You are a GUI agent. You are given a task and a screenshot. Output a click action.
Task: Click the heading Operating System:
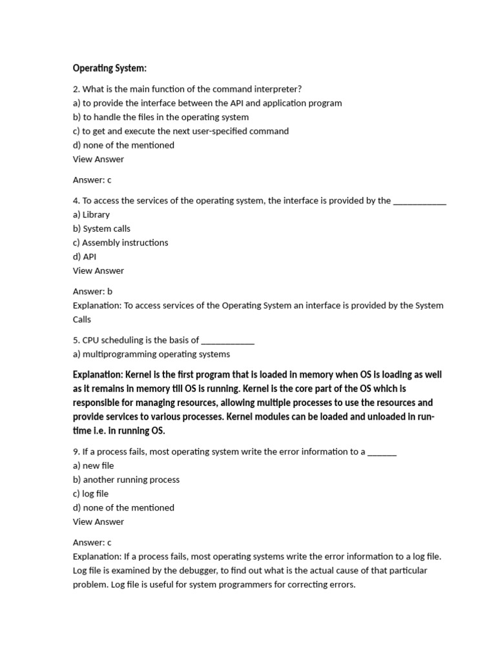click(110, 68)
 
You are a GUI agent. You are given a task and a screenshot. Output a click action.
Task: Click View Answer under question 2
click(98, 159)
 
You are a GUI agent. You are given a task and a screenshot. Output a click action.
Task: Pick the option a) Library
click(91, 214)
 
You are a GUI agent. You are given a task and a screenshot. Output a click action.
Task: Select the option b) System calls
click(101, 229)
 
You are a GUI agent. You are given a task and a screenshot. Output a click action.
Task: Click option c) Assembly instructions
click(120, 243)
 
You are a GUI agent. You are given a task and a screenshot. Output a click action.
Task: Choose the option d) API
click(85, 256)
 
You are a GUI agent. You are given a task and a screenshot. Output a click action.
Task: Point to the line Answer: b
click(92, 291)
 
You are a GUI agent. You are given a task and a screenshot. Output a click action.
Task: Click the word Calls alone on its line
click(82, 319)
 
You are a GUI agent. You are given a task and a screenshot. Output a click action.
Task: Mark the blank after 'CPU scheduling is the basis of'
click(228, 340)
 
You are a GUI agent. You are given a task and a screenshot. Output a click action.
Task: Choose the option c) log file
click(90, 494)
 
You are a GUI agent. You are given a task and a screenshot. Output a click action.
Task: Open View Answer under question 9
click(98, 522)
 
